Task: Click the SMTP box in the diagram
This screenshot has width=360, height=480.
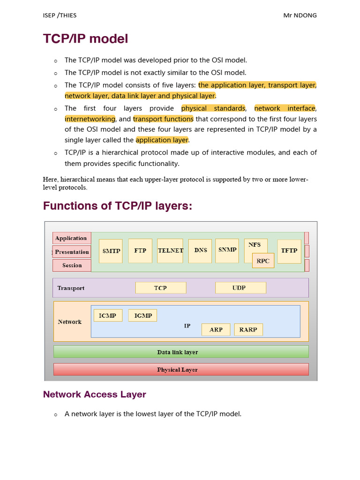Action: pyautogui.click(x=112, y=251)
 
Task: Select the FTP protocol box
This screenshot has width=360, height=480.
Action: pyautogui.click(x=140, y=251)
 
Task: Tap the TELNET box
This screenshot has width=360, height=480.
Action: pyautogui.click(x=171, y=251)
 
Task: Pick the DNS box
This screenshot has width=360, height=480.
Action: pyautogui.click(x=200, y=251)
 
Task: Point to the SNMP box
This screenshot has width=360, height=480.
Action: pyautogui.click(x=227, y=250)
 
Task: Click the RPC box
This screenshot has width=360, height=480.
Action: pyautogui.click(x=263, y=261)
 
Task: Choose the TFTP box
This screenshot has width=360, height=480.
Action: pyautogui.click(x=289, y=251)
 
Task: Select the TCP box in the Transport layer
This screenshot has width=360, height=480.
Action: pyautogui.click(x=161, y=288)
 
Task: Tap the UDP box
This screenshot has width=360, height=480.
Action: pyautogui.click(x=240, y=288)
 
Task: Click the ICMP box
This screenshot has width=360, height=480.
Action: pyautogui.click(x=108, y=315)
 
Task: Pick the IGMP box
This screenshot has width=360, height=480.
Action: pyautogui.click(x=143, y=315)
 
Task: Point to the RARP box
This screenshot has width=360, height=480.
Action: pyautogui.click(x=248, y=330)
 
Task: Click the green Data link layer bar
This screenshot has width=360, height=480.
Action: pyautogui.click(x=181, y=352)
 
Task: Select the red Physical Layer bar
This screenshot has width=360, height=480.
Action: pyautogui.click(x=181, y=369)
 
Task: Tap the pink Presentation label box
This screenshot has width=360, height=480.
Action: pyautogui.click(x=71, y=252)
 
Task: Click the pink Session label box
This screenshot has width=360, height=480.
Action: pyautogui.click(x=72, y=265)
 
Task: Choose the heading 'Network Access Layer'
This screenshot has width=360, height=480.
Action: pyautogui.click(x=95, y=394)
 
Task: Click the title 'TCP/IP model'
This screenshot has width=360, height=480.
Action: pyautogui.click(x=85, y=39)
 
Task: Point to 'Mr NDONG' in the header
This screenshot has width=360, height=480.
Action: pyautogui.click(x=300, y=15)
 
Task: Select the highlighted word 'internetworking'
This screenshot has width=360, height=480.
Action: pyautogui.click(x=90, y=119)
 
